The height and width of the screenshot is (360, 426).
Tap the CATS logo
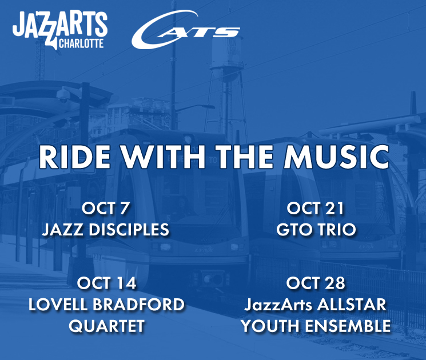[185, 32]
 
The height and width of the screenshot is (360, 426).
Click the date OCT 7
[106, 208]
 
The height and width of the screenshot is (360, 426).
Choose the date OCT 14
[106, 283]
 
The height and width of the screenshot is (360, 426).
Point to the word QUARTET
[106, 326]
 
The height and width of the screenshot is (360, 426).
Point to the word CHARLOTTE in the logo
[82, 43]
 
